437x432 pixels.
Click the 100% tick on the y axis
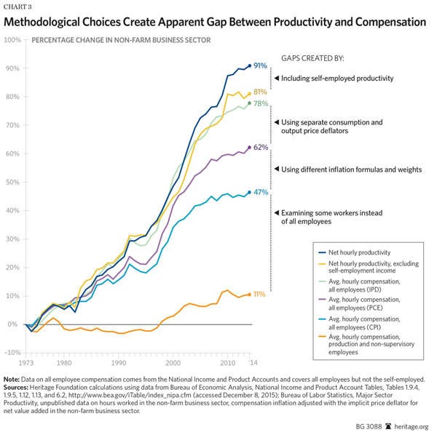[12, 39]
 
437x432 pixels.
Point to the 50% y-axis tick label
[13, 182]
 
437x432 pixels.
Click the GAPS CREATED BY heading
[312, 57]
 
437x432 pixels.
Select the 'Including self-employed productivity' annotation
[337, 78]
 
